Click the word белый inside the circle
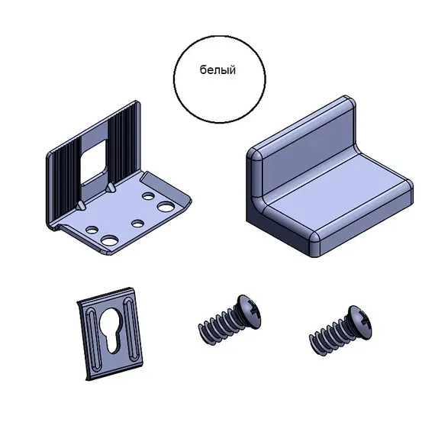[x=217, y=70]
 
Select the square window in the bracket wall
[x=94, y=162]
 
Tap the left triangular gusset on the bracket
[x=81, y=205]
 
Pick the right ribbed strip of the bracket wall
[x=123, y=144]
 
